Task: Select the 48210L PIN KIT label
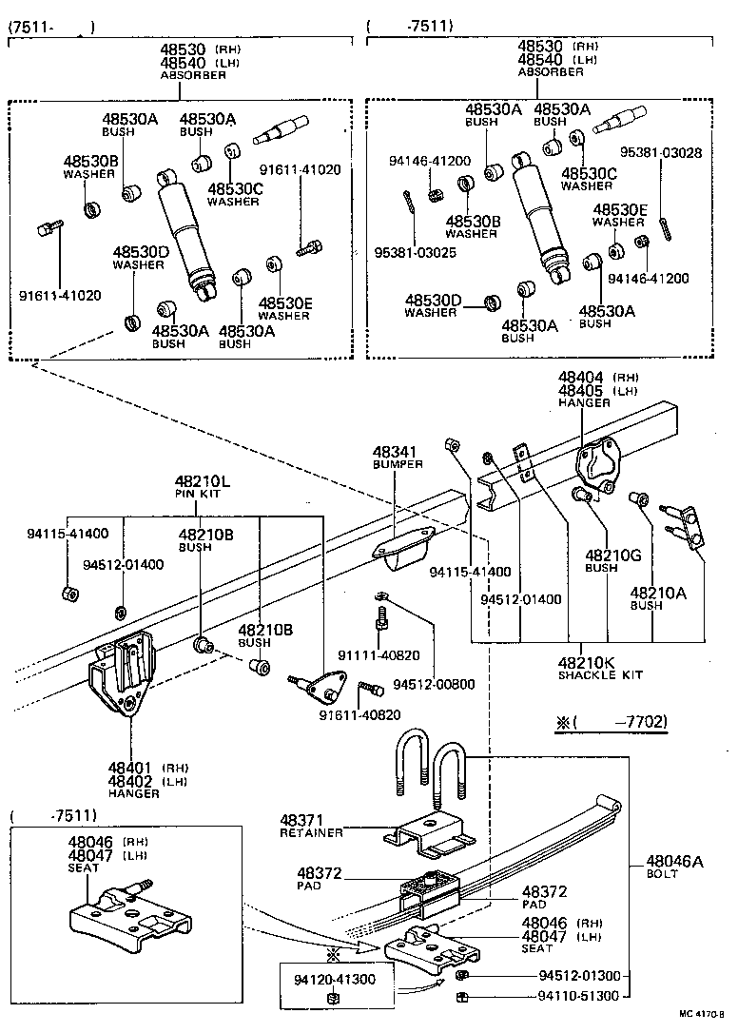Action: point(203,487)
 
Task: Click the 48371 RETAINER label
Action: point(310,826)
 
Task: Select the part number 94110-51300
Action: point(579,996)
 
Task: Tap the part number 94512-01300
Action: point(579,976)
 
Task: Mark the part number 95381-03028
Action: point(662,152)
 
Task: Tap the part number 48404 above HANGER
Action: point(582,378)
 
